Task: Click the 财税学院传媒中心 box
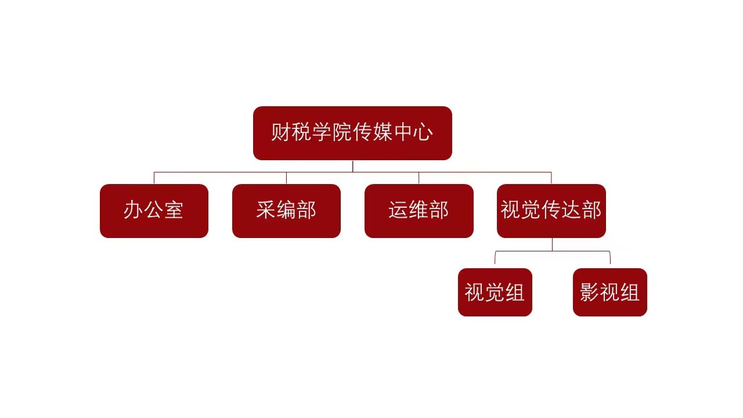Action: [x=352, y=133]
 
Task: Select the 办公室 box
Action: [x=154, y=211]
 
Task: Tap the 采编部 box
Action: [x=286, y=211]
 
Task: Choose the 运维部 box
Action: [x=419, y=211]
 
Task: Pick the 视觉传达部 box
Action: [x=551, y=211]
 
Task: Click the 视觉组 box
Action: [x=495, y=292]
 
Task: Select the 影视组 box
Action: [x=609, y=292]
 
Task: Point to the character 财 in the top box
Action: [x=280, y=132]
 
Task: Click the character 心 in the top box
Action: [x=423, y=132]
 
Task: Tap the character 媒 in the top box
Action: [x=383, y=132]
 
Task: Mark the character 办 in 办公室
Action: [x=134, y=210]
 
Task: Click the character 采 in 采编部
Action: [x=266, y=210]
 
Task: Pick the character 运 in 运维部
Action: [x=398, y=210]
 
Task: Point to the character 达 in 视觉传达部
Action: [x=572, y=210]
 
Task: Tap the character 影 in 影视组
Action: [x=589, y=292]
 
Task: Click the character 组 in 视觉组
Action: [x=515, y=292]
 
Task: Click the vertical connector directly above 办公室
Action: [x=154, y=178]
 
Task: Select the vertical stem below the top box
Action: [x=352, y=166]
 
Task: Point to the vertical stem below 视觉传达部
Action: [x=552, y=244]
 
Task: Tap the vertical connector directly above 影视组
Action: [x=610, y=258]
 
